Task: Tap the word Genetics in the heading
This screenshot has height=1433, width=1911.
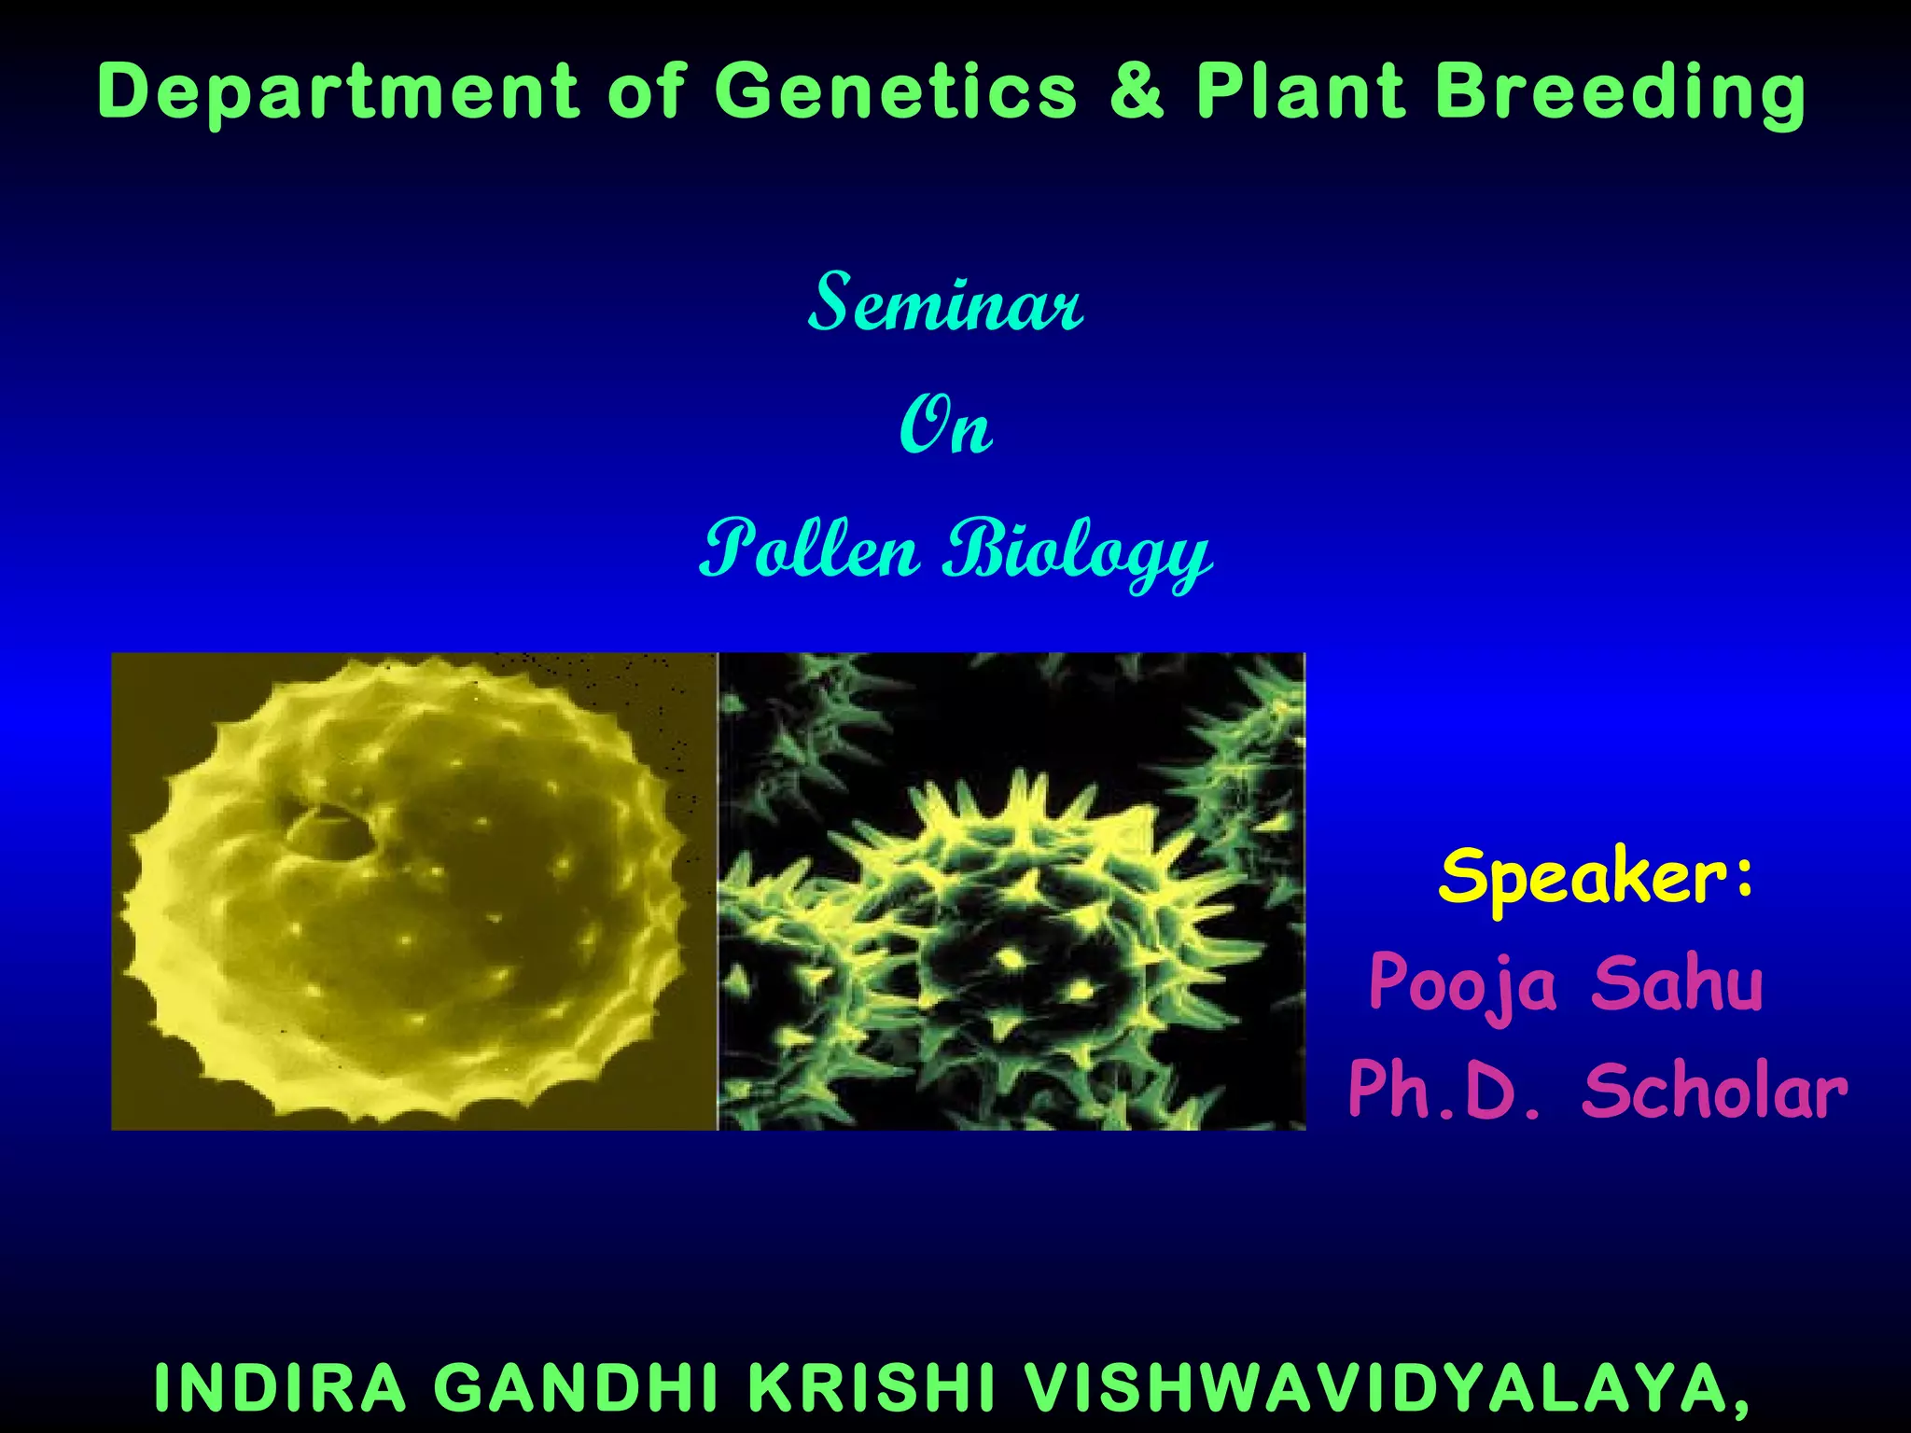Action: click(x=896, y=91)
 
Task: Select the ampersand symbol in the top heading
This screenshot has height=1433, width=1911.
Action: click(x=1137, y=91)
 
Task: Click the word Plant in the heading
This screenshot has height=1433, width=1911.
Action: click(x=1301, y=91)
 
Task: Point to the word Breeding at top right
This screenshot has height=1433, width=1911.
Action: click(x=1620, y=93)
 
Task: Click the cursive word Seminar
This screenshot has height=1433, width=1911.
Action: click(x=944, y=303)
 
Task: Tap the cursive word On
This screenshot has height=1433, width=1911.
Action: click(x=944, y=426)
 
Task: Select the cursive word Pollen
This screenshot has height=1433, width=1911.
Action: click(x=810, y=550)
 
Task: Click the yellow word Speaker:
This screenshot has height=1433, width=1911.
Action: click(x=1596, y=877)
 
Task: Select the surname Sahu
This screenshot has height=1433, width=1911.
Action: click(x=1677, y=983)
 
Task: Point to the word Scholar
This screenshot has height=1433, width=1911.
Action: click(x=1714, y=1091)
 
